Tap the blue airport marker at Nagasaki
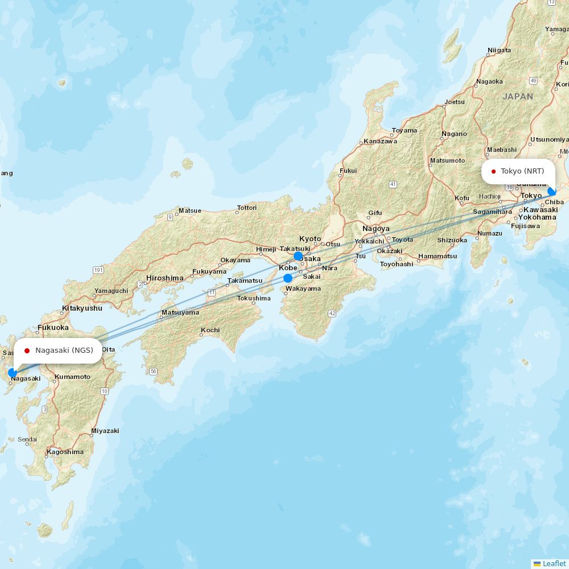pos(12,373)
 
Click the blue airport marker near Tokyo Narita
pos(551,192)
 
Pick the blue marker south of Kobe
pos(288,278)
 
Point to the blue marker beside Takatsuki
pos(298,256)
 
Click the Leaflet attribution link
pos(554,563)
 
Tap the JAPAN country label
pos(518,97)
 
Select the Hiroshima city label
pos(165,278)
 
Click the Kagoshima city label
pos(65,452)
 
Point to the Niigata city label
pos(499,50)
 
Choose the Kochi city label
pos(210,330)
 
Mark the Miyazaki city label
pos(105,431)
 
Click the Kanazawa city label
pos(380,141)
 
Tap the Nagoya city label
pos(376,229)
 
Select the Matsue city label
pos(189,211)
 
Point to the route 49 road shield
pos(533,81)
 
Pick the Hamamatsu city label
pos(437,256)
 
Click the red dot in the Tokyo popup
pos(493,171)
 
